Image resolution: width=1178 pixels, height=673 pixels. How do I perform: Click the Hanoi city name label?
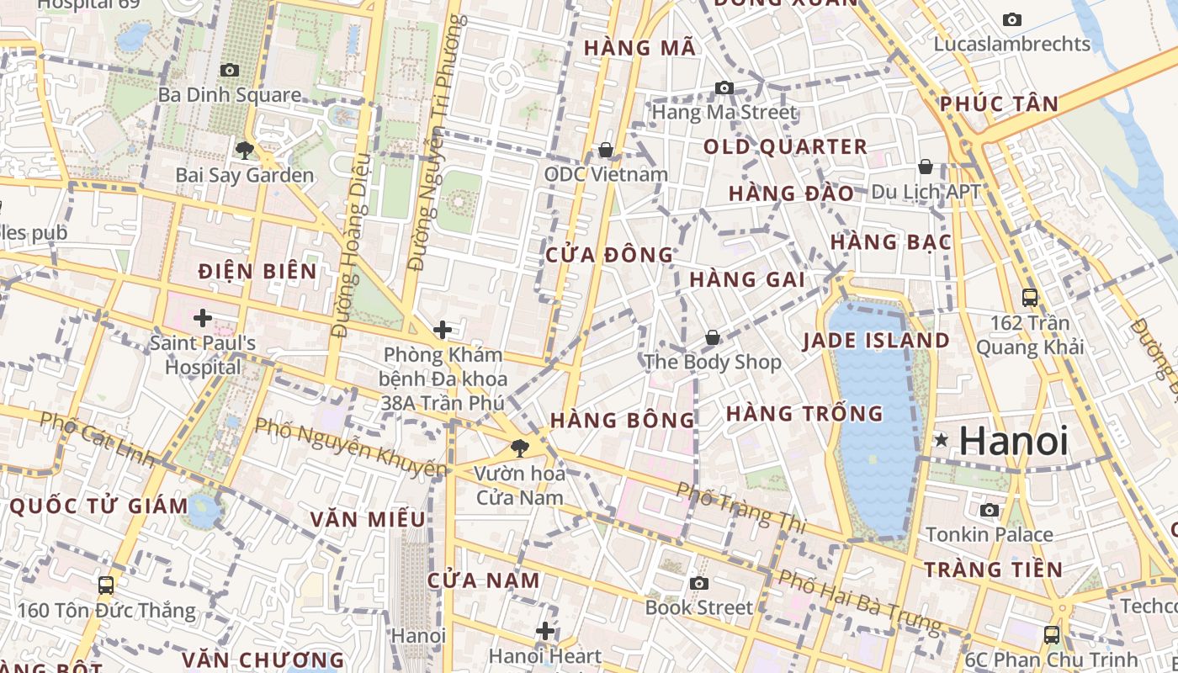pos(1014,441)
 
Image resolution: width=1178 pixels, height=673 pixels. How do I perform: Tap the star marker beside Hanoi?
pos(942,440)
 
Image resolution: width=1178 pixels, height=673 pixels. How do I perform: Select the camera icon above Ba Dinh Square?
pos(229,70)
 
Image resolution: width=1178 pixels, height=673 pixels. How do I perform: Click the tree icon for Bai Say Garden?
pos(245,151)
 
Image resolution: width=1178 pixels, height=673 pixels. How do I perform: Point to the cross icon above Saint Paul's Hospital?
pos(202,318)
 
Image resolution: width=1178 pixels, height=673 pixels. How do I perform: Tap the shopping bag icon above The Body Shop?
pos(713,337)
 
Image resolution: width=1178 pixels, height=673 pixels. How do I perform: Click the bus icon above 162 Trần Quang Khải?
pos(1029,297)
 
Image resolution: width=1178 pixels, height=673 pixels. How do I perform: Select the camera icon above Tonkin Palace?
pos(990,510)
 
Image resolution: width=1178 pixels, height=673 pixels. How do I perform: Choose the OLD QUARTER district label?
pos(785,147)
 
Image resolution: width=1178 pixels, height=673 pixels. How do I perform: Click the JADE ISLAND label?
pos(876,341)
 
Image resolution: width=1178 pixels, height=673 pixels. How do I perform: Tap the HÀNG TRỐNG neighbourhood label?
pos(804,414)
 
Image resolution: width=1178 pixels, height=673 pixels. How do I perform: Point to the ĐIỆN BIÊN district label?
pos(257,271)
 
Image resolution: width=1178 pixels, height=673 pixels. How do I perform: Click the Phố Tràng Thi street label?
pos(741,508)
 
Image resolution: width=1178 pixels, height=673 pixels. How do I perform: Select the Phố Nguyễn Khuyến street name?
pos(350,446)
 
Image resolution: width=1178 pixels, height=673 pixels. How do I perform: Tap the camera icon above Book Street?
pos(698,583)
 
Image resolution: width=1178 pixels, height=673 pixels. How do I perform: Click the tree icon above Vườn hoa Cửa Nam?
pos(519,448)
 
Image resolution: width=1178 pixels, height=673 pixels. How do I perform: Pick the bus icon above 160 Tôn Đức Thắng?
pos(106,585)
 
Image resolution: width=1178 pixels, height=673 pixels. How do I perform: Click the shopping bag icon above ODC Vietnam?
pos(605,150)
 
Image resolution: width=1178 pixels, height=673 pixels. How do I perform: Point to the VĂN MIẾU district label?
pos(368,519)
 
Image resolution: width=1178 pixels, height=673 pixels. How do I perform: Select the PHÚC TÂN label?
pos(999,104)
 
